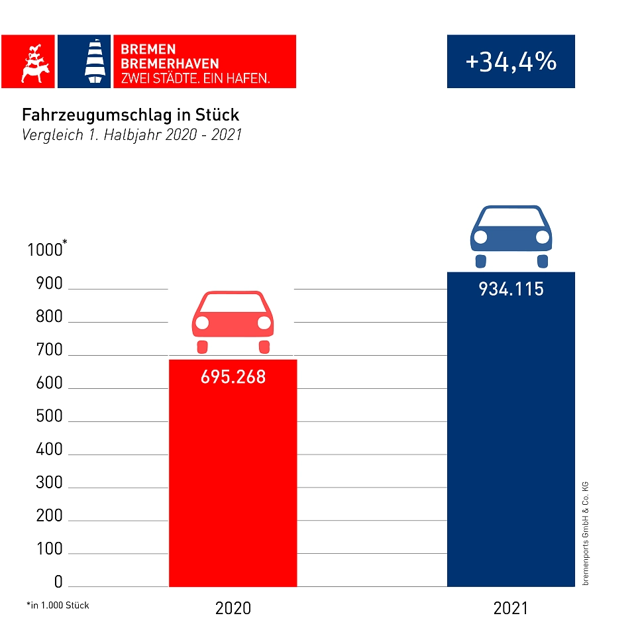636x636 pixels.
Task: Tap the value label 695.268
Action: click(x=233, y=377)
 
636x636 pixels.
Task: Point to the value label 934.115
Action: click(x=511, y=290)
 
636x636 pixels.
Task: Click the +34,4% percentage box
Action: click(x=511, y=62)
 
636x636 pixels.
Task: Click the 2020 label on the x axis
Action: click(x=233, y=608)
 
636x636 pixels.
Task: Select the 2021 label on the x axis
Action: click(x=511, y=608)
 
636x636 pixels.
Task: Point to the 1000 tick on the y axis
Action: click(x=44, y=250)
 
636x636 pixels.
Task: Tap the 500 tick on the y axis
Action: click(x=49, y=417)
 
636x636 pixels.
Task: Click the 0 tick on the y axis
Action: click(x=58, y=582)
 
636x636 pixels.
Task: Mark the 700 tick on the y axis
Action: click(x=49, y=350)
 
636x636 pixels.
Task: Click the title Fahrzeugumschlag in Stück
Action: click(x=131, y=115)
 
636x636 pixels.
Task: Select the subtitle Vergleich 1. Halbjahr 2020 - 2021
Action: click(x=132, y=135)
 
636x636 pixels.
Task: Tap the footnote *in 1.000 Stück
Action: click(x=58, y=606)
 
